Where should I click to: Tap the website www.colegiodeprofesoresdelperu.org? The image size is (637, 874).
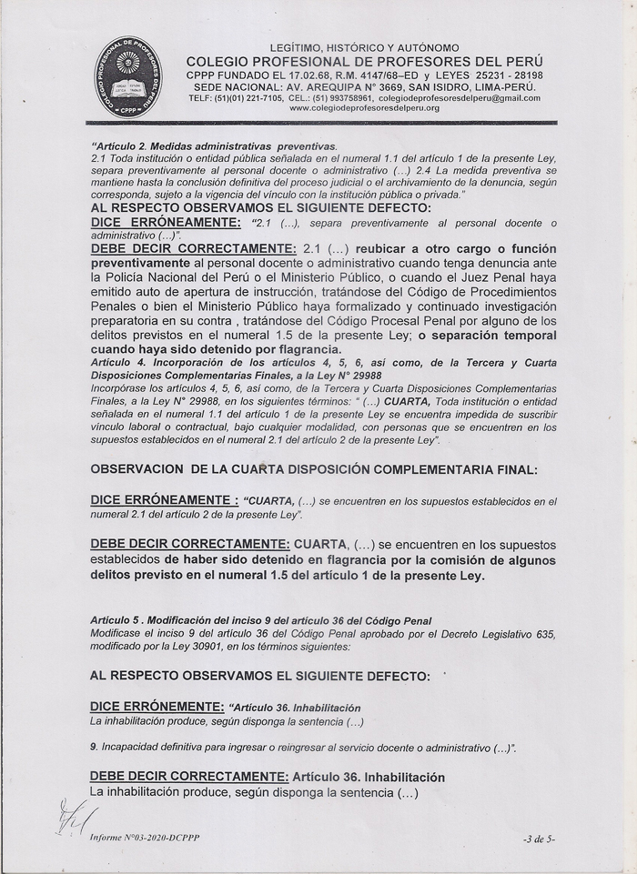[x=364, y=108]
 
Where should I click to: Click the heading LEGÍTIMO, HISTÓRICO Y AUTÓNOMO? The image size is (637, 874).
[x=364, y=47]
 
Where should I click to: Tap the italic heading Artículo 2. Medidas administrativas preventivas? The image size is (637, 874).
[x=214, y=146]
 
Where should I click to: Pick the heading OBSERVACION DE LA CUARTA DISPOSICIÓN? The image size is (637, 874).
[x=314, y=470]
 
